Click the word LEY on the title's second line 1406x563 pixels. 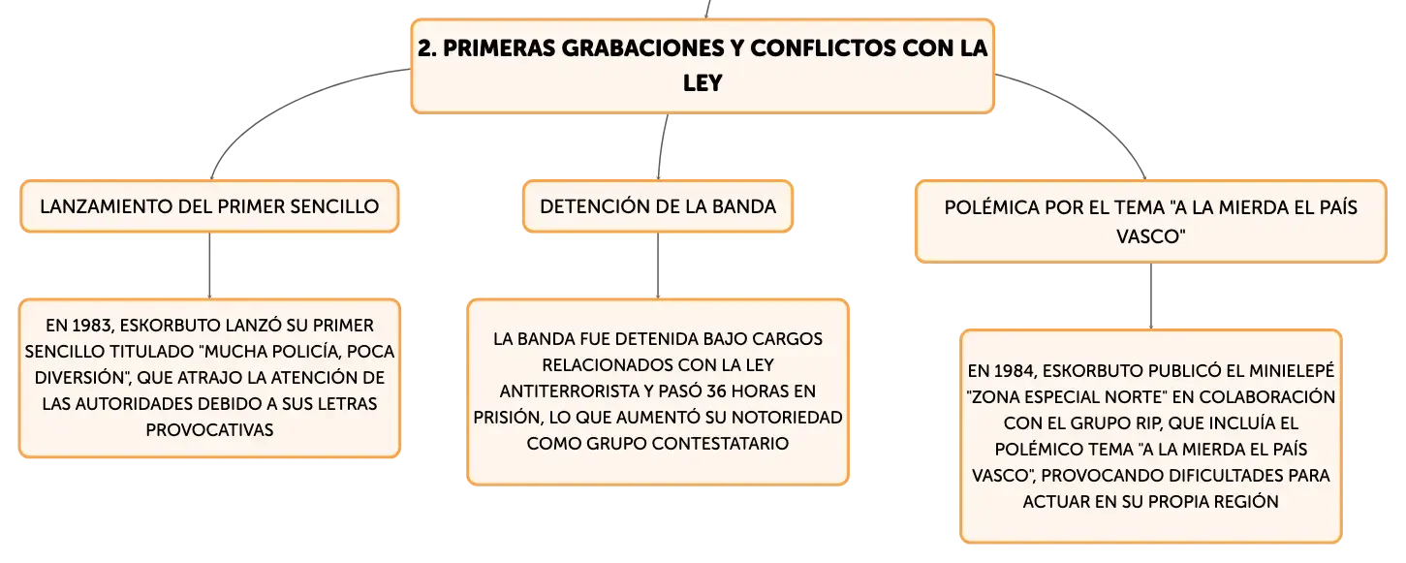click(x=703, y=82)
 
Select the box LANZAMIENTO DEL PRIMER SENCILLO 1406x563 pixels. click(x=209, y=206)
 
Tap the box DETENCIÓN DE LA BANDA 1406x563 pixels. click(x=658, y=206)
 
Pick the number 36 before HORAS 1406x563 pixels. click(x=717, y=391)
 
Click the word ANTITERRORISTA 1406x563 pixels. click(x=577, y=391)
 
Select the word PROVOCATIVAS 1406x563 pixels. click(x=209, y=430)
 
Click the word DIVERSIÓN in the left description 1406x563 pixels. click(x=79, y=378)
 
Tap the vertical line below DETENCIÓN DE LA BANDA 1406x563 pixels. click(x=658, y=266)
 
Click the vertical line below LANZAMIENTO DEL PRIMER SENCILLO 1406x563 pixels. click(x=209, y=266)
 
